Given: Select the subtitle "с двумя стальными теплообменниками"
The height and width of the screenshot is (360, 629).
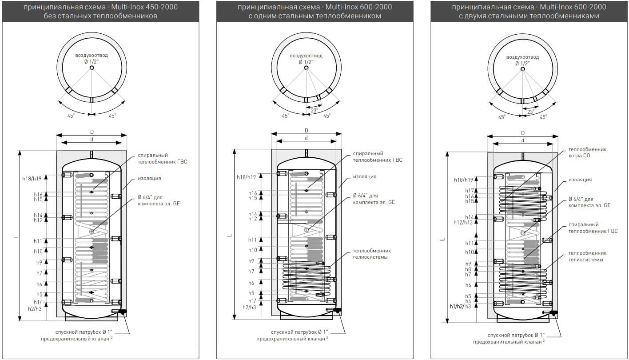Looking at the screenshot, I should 529,16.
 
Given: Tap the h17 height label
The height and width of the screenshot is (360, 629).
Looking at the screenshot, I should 470,191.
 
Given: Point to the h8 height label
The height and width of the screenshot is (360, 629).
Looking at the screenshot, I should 468,269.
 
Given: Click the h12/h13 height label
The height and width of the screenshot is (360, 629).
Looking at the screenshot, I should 463,222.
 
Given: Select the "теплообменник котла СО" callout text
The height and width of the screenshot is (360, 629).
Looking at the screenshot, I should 587,152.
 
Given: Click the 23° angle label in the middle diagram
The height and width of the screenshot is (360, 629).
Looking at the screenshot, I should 314,111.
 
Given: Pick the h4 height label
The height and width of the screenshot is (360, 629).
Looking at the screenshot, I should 468,301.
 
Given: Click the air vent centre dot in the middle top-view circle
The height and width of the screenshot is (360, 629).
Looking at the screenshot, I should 307,68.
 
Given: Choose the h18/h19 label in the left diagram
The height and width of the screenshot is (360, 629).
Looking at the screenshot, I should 32,178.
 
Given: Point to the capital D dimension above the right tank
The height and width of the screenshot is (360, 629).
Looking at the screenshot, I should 523,132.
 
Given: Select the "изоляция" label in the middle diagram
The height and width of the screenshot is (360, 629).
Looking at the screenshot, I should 364,176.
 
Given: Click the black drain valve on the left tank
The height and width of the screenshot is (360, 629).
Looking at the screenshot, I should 122,312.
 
